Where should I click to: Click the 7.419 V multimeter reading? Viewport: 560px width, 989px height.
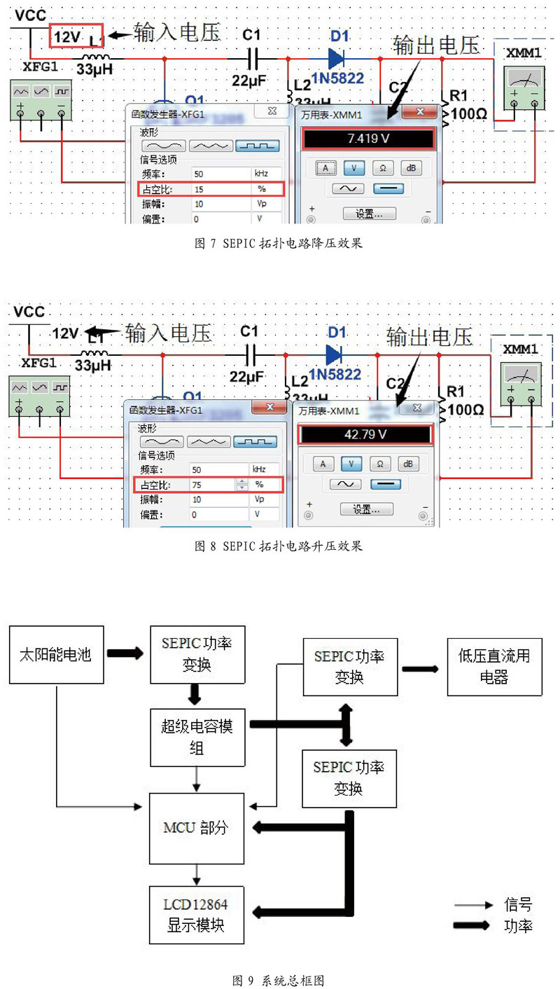point(369,139)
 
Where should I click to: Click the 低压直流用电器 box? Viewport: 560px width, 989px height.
point(494,666)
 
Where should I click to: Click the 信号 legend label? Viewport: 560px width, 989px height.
point(518,904)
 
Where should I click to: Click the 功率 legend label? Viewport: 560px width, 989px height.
point(518,925)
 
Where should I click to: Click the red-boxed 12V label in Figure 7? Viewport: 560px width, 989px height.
point(76,36)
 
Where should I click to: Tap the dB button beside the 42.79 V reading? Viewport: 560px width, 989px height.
point(409,464)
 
